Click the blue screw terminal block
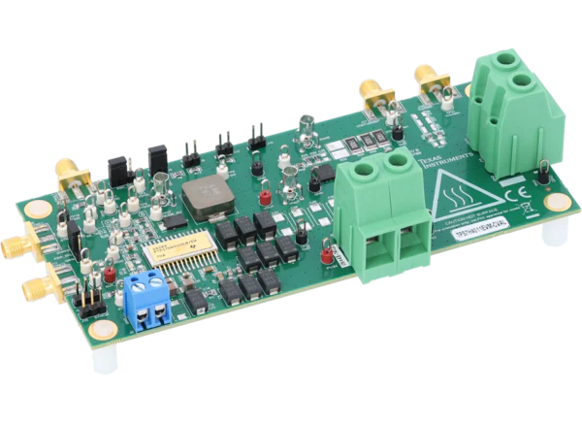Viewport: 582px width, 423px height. [147, 298]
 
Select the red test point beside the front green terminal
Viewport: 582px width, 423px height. [326, 254]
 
